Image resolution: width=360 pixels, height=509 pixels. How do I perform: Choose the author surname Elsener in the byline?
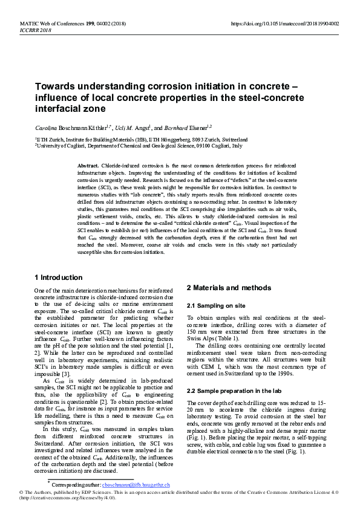click(x=192, y=128)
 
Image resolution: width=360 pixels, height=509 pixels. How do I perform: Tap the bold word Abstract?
click(x=88, y=166)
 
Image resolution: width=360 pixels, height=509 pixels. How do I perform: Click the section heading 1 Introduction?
click(x=59, y=277)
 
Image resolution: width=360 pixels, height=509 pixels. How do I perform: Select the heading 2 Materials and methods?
click(x=228, y=288)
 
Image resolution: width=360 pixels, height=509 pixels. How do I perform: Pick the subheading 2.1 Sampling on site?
click(x=215, y=306)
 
